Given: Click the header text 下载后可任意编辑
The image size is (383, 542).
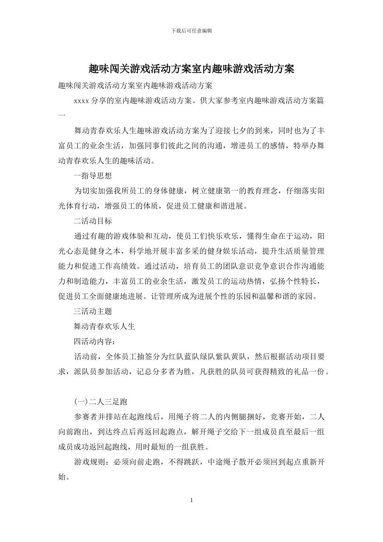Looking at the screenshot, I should click(191, 31).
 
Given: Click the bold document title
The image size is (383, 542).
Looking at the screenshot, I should click(191, 69).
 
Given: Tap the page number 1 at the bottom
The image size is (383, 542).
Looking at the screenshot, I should click(191, 500).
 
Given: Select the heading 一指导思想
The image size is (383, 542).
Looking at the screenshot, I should click(93, 175).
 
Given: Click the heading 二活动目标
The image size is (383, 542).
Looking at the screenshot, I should click(93, 221).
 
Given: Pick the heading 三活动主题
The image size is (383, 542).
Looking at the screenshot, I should click(93, 311).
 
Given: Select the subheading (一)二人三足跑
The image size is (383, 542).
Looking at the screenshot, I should click(101, 402).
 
